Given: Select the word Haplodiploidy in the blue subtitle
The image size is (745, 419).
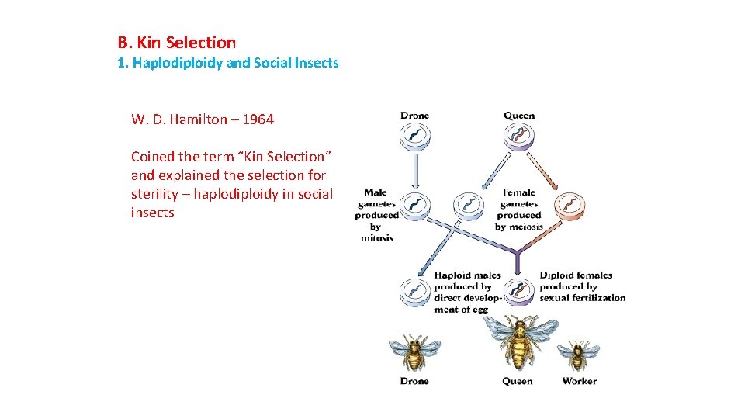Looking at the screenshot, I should pyautogui.click(x=178, y=63).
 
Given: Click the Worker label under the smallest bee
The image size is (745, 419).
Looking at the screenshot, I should pyautogui.click(x=579, y=381).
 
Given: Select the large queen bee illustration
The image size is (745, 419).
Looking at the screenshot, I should pyautogui.click(x=518, y=342).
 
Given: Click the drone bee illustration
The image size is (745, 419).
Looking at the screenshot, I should pyautogui.click(x=414, y=353).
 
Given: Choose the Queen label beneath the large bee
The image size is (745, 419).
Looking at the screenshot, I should pyautogui.click(x=518, y=381).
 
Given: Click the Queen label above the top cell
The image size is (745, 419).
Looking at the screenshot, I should pyautogui.click(x=519, y=116).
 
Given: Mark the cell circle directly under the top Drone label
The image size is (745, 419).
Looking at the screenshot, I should pyautogui.click(x=414, y=137).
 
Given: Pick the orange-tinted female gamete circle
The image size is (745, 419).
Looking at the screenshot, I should pyautogui.click(x=570, y=205).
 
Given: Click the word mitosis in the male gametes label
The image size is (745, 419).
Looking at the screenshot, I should pyautogui.click(x=377, y=237).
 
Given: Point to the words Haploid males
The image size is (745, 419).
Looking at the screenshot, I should pyautogui.click(x=467, y=275).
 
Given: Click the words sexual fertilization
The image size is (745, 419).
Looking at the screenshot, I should pyautogui.click(x=582, y=298).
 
